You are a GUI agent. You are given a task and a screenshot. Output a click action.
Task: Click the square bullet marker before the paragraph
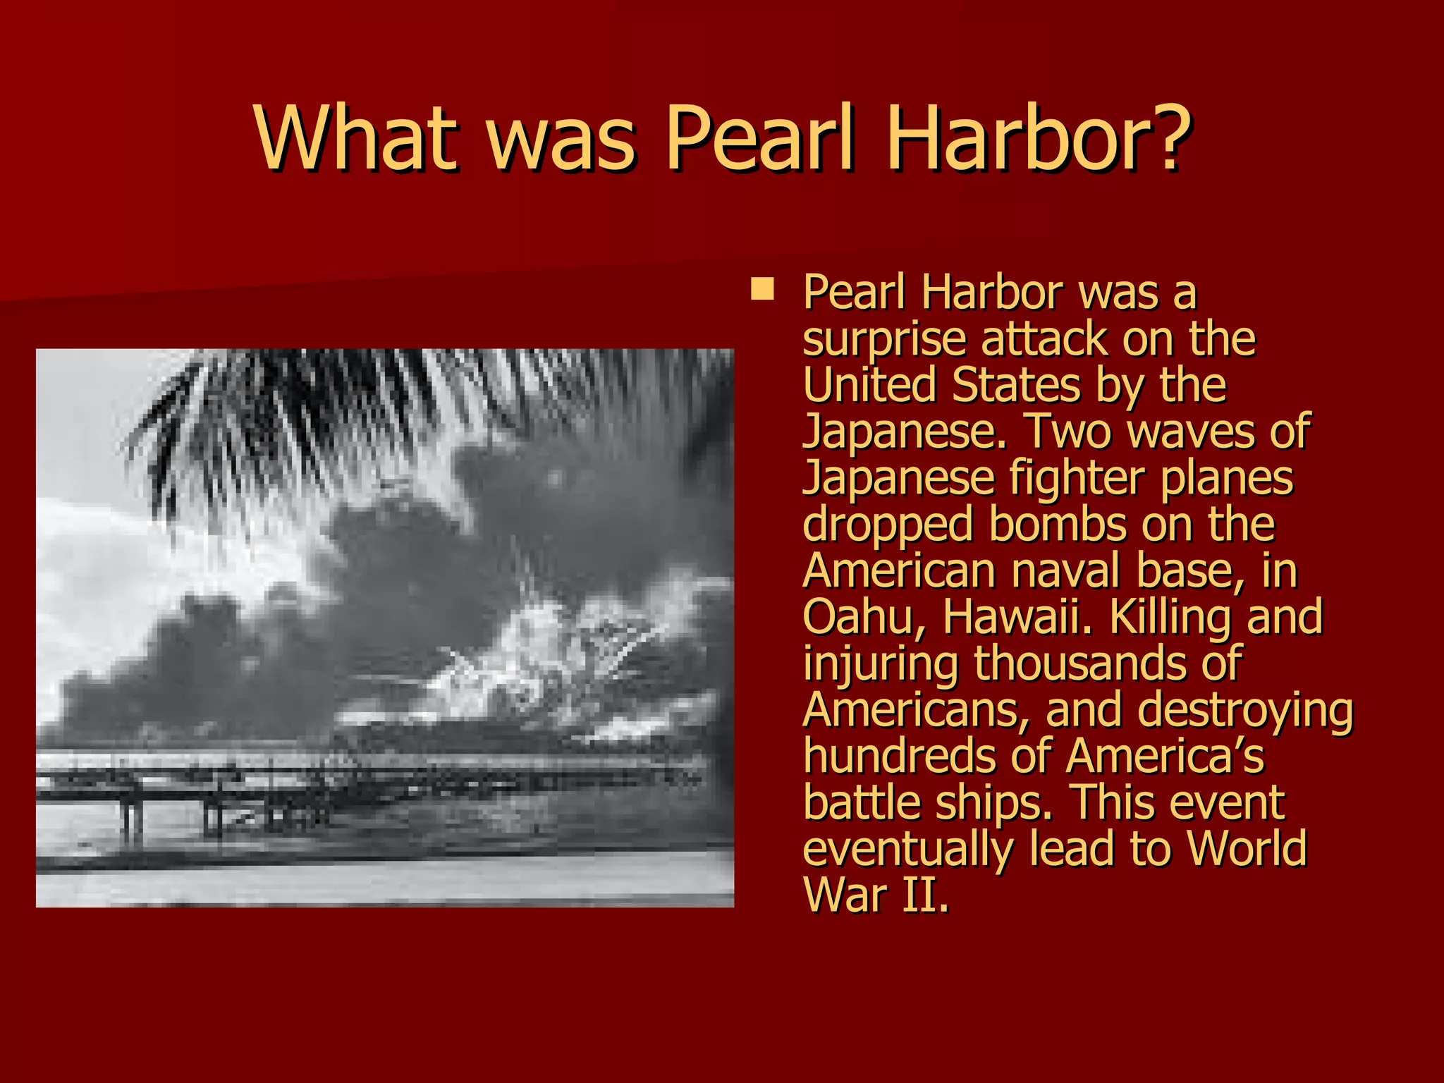762,289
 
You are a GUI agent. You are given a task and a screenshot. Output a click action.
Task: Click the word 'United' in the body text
870,386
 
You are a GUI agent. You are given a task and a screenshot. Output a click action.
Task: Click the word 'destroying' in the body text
1245,710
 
